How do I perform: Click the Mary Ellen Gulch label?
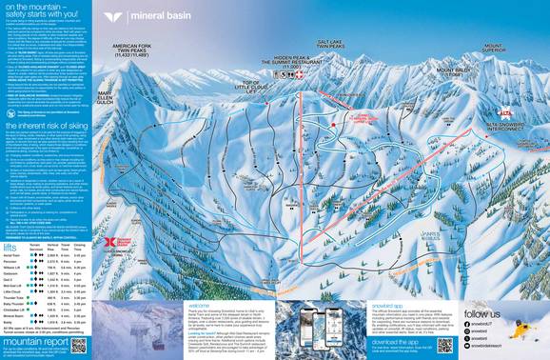111,94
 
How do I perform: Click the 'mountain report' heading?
35,341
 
